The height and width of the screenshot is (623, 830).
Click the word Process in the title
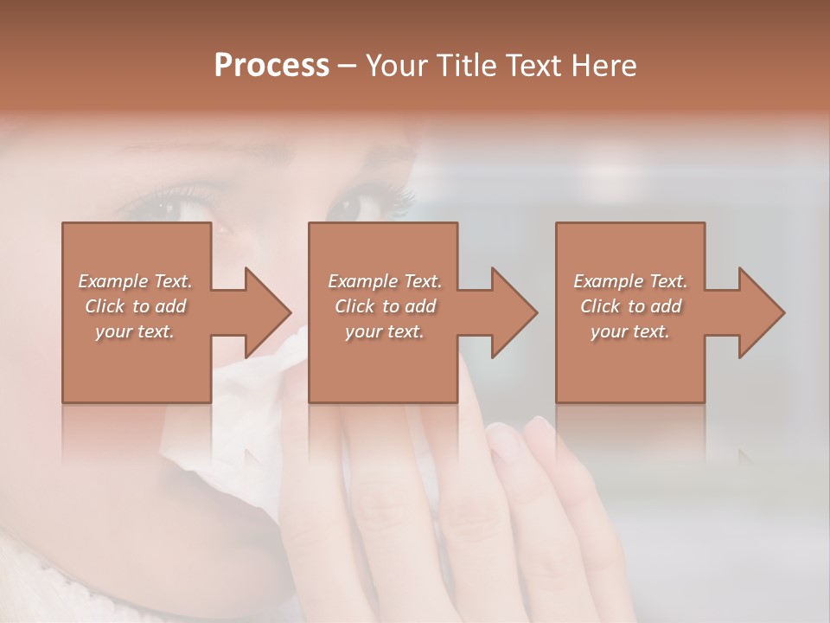coord(271,66)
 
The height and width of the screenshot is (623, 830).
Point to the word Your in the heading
coord(395,66)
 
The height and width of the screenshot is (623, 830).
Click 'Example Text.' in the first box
coord(135,281)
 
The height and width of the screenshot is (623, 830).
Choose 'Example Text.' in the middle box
coord(385,281)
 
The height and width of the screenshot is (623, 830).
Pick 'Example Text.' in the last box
coord(630,281)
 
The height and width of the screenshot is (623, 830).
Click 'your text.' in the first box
coord(135,331)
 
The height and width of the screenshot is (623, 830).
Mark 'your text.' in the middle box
coord(385,331)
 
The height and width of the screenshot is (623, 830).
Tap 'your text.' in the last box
coord(630,331)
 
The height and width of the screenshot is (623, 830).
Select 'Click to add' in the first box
coord(135,306)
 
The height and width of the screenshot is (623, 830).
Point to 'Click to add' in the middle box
coord(385,306)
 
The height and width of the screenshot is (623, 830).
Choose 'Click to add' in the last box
coord(630,306)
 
